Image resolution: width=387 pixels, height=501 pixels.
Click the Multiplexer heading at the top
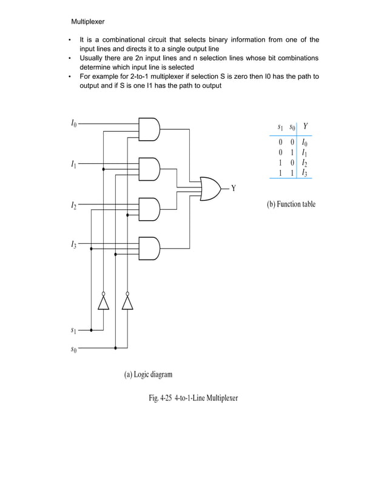[x=88, y=22]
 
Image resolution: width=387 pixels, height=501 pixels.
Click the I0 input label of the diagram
[x=73, y=124]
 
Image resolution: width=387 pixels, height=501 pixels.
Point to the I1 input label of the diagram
[x=73, y=164]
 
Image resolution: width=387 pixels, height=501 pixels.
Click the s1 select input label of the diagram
[x=73, y=331]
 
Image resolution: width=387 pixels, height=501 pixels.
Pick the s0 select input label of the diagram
[x=73, y=349]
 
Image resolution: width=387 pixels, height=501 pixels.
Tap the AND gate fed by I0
[x=149, y=129]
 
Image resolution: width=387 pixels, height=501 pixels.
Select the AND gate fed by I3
[x=149, y=248]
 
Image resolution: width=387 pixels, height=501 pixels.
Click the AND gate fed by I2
[x=149, y=209]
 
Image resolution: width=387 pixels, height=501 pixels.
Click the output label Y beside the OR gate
[x=233, y=189]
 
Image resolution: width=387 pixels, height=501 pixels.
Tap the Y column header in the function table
[x=306, y=127]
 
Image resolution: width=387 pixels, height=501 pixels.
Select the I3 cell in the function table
[x=305, y=173]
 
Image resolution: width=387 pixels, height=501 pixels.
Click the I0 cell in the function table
[x=305, y=143]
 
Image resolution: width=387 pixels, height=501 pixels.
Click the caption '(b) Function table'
[x=291, y=204]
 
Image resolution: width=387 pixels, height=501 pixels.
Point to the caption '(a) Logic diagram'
[x=149, y=374]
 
